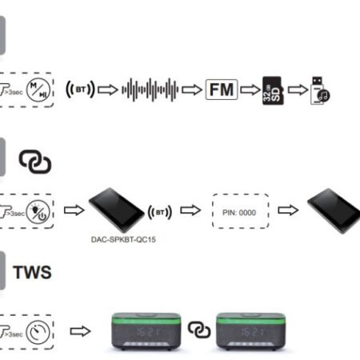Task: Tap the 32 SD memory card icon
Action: pos(274,90)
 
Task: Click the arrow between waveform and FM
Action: pos(191,90)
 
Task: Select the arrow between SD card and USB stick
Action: pos(298,90)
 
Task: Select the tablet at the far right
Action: pos(332,209)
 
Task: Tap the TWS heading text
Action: pos(33,273)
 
